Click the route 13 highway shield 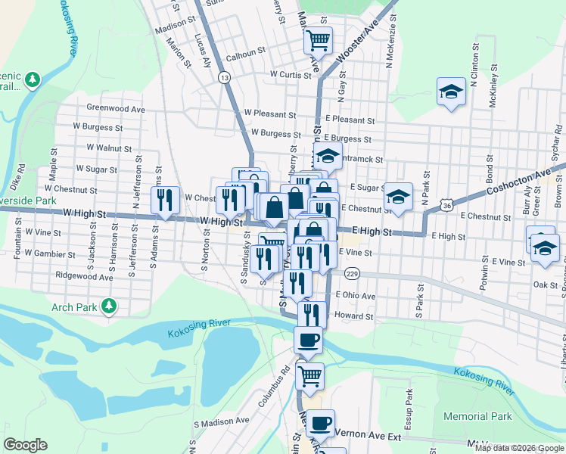pos(224,77)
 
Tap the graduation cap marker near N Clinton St pos(451,92)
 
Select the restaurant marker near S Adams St pos(165,200)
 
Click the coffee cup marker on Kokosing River pos(308,340)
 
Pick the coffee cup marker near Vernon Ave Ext pos(321,423)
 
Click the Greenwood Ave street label pos(115,109)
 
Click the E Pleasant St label pos(350,120)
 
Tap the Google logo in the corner pos(26,445)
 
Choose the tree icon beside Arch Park pos(110,306)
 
